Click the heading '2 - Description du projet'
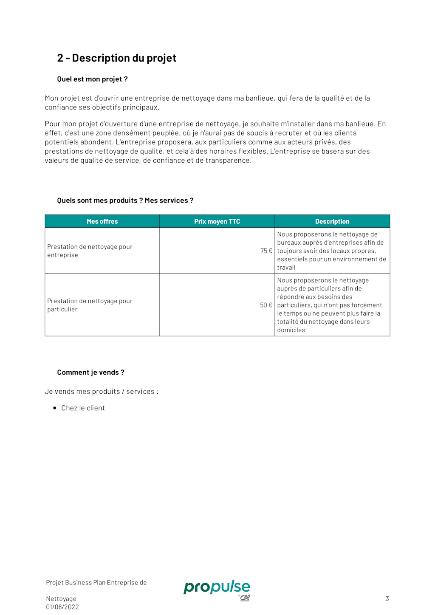pos(116,58)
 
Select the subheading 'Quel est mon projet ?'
pos(92,79)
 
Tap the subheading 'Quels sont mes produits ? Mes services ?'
pos(125,200)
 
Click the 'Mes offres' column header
pos(102,221)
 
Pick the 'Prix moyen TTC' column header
pos(217,221)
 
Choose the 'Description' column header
pos(332,221)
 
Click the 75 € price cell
pos(266,251)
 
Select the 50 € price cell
pos(266,305)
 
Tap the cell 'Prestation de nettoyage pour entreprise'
pos(90,251)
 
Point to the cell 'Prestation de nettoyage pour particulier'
pos(90,305)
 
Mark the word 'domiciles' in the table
pos(291,330)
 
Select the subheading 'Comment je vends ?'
pos(90,372)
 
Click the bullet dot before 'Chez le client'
pos(55,408)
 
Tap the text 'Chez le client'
pos(83,408)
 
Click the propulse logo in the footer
pos(217,588)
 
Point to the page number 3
pos(387,599)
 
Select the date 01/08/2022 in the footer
pos(62,607)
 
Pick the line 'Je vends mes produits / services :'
pos(102,392)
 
